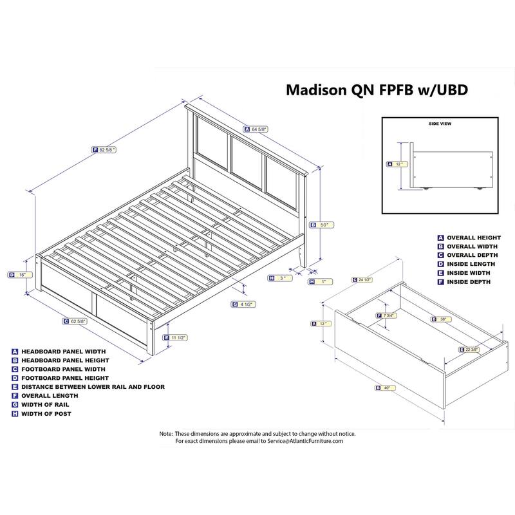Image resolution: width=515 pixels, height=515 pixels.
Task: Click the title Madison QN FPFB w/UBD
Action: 377,91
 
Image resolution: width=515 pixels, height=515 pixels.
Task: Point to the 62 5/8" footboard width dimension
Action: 80,321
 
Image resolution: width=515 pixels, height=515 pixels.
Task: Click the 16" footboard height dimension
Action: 22,275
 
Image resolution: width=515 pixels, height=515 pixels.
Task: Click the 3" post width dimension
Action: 281,278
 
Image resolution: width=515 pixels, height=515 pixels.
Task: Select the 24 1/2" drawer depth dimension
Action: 366,279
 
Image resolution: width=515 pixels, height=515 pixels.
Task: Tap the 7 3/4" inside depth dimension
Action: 388,315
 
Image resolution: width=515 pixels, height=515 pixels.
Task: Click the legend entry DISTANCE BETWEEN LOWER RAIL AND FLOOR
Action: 93,387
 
